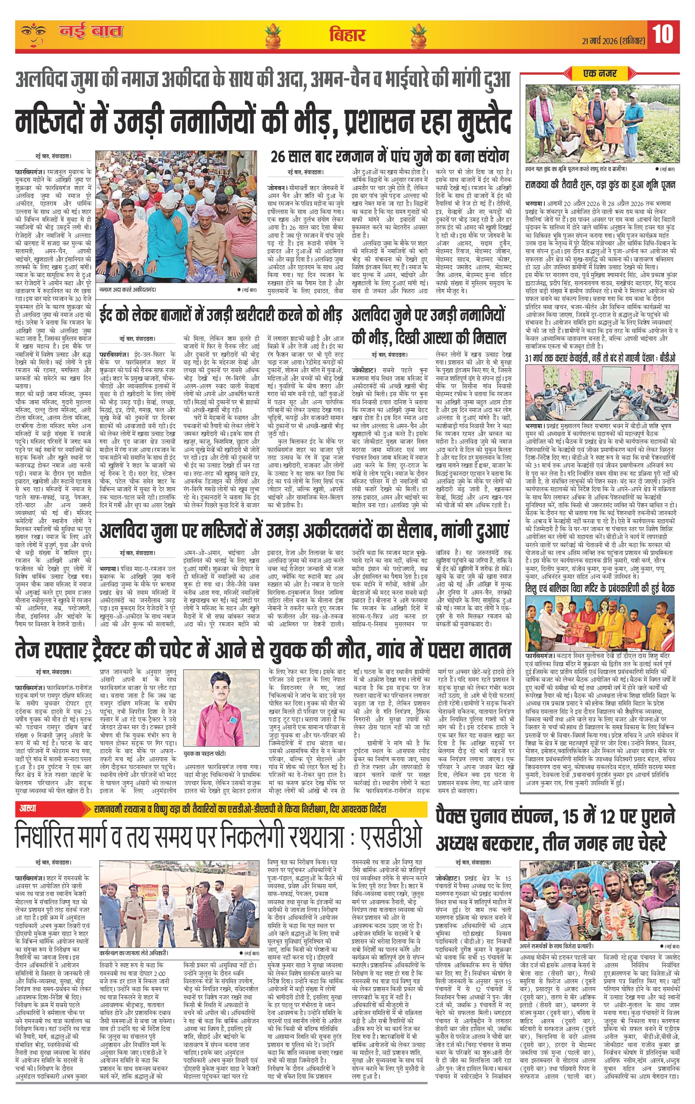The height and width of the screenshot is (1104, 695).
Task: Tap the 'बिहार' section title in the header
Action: click(x=347, y=35)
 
